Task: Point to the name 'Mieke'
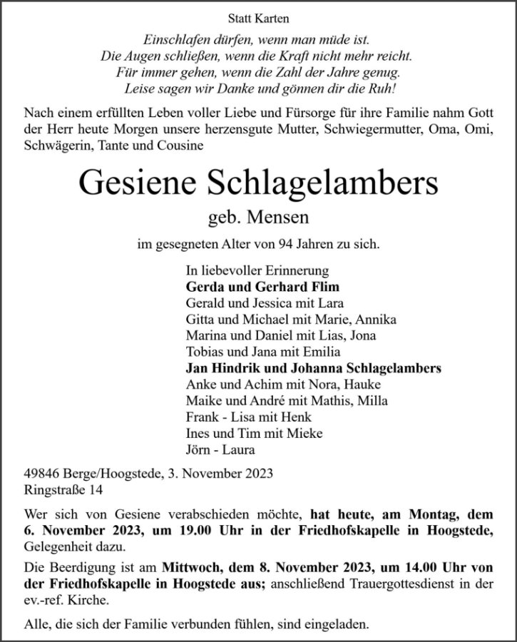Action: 307,434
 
